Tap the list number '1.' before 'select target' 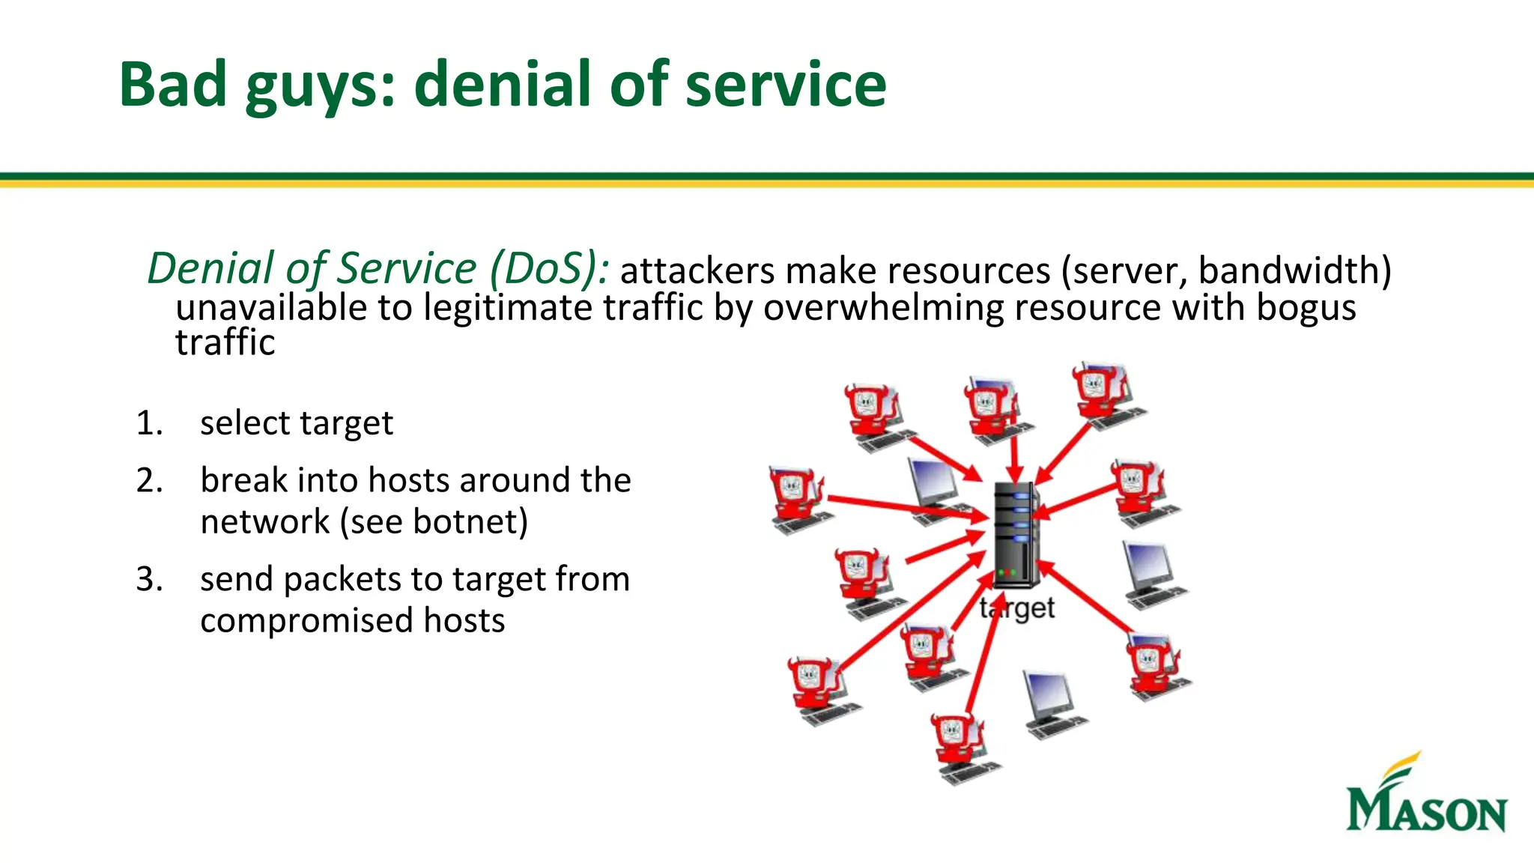tap(149, 423)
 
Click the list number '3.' tap(149, 579)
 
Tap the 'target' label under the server tap(1017, 608)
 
